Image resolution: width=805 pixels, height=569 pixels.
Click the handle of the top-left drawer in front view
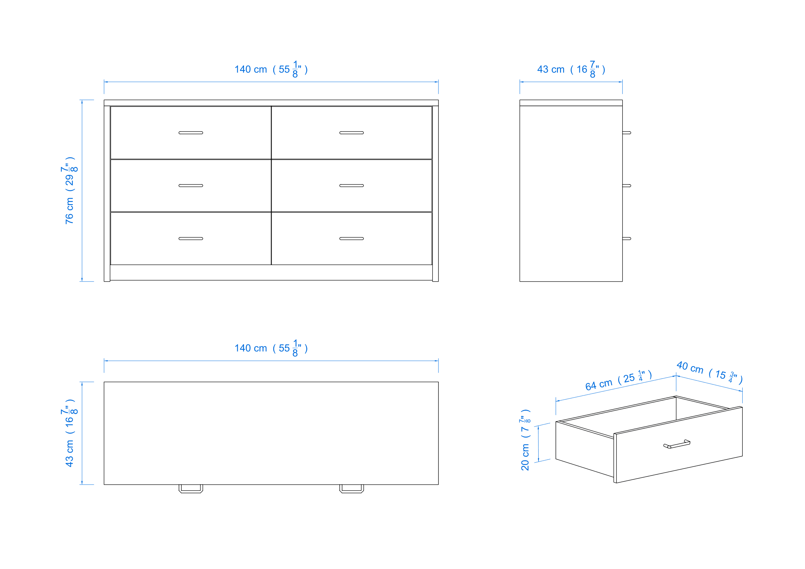(x=191, y=133)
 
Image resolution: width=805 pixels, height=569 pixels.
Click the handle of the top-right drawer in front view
(x=351, y=133)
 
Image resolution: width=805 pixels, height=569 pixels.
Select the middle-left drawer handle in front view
(x=191, y=186)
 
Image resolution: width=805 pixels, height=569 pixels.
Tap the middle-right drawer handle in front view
(x=351, y=186)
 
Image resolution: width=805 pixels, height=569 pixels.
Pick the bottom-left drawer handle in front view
(x=191, y=239)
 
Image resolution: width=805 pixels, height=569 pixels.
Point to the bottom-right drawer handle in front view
(x=351, y=239)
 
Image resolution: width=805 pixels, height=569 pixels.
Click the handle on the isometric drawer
(x=677, y=444)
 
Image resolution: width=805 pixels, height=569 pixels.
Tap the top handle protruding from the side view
(x=626, y=133)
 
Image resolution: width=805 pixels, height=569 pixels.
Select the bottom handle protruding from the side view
(x=626, y=239)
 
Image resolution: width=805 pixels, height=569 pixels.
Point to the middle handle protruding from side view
(x=626, y=186)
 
